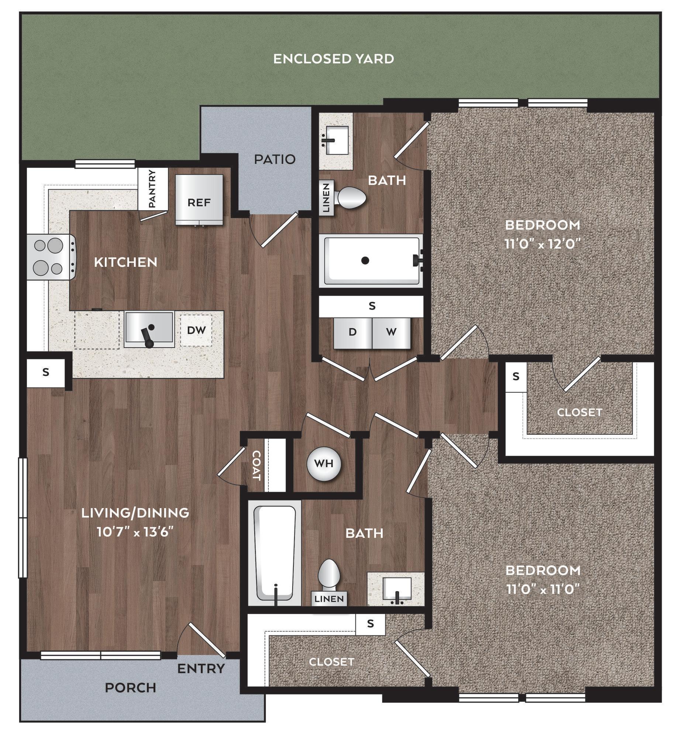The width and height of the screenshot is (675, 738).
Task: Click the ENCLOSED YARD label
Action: (333, 59)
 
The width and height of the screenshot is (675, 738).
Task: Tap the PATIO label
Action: (275, 159)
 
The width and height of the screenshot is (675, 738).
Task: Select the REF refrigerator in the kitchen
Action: (199, 199)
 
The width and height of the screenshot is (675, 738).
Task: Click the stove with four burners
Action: (51, 257)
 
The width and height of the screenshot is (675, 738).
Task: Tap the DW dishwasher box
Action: (196, 330)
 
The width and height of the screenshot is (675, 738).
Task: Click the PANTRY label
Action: (152, 188)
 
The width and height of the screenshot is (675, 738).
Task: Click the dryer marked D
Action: (352, 332)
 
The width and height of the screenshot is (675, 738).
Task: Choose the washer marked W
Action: (391, 332)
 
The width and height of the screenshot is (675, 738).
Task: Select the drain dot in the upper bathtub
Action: (365, 261)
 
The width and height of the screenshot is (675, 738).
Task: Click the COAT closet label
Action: (256, 465)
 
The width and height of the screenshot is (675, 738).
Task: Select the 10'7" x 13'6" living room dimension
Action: (135, 532)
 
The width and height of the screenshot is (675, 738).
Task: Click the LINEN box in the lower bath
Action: (330, 599)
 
